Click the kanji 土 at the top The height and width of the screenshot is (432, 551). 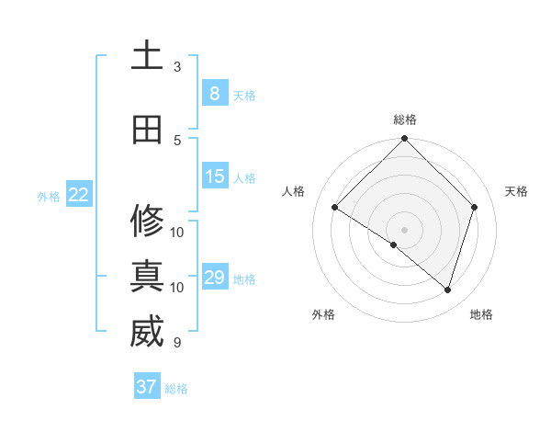pos(147,55)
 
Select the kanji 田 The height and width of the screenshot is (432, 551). pos(147,130)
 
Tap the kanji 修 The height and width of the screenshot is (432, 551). pos(147,220)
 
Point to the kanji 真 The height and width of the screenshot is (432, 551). pos(147,276)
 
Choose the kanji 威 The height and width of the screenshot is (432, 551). pos(147,333)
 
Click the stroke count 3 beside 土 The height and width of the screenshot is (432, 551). pos(177,67)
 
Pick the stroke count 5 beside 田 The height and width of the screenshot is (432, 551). pos(177,141)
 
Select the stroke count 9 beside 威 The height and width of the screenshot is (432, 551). pos(177,344)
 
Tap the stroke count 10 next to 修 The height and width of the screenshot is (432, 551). pos(177,232)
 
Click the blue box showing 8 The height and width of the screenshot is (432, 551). pos(215,94)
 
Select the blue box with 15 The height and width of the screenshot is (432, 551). pos(215,176)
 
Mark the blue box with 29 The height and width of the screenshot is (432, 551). pos(215,278)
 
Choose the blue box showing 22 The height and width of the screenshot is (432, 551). pos(79,194)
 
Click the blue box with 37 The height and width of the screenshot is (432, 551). pos(147,387)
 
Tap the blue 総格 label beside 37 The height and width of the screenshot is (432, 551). pos(176,389)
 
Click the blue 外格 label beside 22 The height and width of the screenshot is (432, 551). pos(50,196)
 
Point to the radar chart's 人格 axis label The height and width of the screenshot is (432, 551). pos(294,191)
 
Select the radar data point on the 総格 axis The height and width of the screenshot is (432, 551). pos(404,140)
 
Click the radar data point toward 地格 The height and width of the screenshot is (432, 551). pos(447,290)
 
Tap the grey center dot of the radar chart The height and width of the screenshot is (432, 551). pos(404,229)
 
